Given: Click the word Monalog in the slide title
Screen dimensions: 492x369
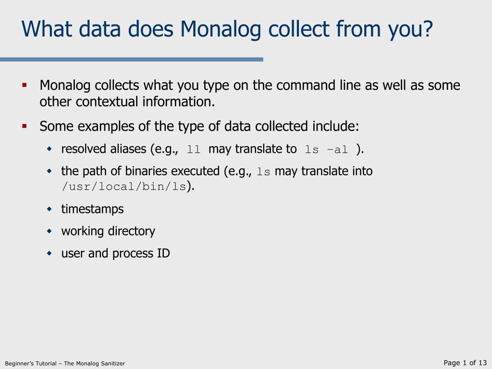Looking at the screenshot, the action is click(x=220, y=29).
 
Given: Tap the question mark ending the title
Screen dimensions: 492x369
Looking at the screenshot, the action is click(x=427, y=28).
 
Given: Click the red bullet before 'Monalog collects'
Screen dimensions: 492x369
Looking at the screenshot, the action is click(x=25, y=85).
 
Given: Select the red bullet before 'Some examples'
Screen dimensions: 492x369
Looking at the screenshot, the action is click(x=25, y=126).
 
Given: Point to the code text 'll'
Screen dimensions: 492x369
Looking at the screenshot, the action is click(x=193, y=149).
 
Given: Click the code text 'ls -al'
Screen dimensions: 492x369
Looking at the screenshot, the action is click(x=326, y=149).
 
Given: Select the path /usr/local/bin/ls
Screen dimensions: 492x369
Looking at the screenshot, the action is click(x=124, y=187).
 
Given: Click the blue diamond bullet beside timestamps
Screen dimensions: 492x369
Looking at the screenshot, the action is click(x=49, y=209).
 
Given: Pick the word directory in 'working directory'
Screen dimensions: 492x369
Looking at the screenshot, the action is click(x=132, y=231).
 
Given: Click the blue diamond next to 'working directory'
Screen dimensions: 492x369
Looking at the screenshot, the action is click(x=49, y=231).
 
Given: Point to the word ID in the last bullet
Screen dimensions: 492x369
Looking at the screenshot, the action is click(x=163, y=253).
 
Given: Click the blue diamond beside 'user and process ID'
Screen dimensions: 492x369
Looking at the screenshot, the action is click(x=49, y=253).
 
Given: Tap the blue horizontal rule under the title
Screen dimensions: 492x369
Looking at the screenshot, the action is click(x=132, y=59).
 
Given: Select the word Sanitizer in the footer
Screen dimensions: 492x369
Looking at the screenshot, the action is click(x=112, y=363).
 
